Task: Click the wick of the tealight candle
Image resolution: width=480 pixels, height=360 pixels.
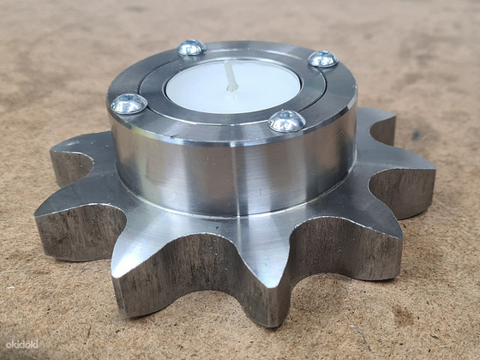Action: pyautogui.click(x=231, y=75)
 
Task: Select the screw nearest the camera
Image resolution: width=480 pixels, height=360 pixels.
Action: pyautogui.click(x=287, y=121)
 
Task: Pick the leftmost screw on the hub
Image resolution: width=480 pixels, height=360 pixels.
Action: pyautogui.click(x=129, y=104)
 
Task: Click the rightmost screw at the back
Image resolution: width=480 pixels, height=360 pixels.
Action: pyautogui.click(x=323, y=59)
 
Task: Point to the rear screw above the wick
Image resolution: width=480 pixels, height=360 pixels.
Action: pyautogui.click(x=192, y=47)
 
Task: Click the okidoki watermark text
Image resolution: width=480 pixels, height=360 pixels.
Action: pyautogui.click(x=22, y=345)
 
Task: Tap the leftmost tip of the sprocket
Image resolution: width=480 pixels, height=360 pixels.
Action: pyautogui.click(x=35, y=216)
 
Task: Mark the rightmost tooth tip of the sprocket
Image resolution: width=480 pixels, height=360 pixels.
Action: pyautogui.click(x=435, y=168)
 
